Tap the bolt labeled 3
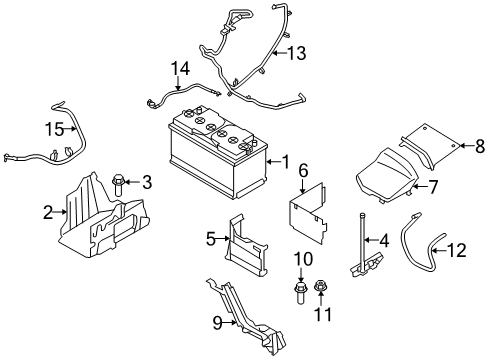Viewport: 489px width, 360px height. tap(119, 183)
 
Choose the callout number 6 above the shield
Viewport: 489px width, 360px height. tap(302, 171)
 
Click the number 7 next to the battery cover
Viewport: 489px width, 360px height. tap(434, 187)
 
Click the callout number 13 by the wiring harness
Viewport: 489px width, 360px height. tap(299, 52)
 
